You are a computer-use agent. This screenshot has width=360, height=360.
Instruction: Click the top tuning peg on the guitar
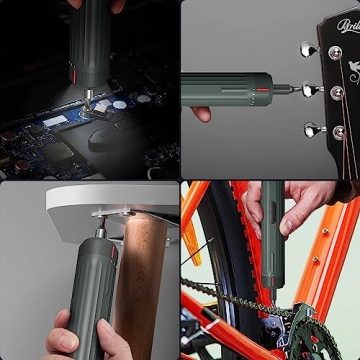(x=306, y=47)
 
